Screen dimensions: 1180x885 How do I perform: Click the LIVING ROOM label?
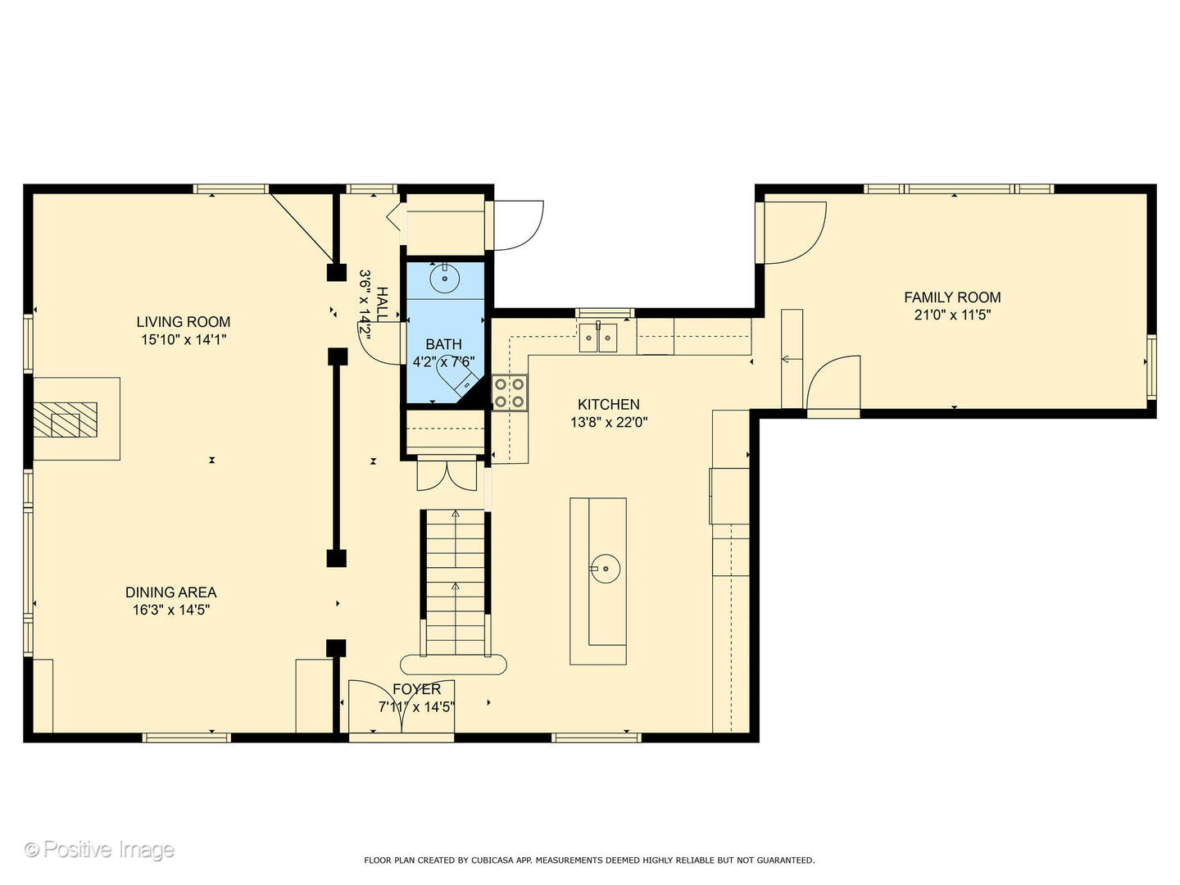pyautogui.click(x=184, y=322)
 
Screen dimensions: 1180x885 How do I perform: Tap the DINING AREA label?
pyautogui.click(x=171, y=592)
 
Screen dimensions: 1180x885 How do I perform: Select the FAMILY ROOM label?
pyautogui.click(x=952, y=297)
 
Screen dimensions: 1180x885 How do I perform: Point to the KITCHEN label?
pyautogui.click(x=609, y=404)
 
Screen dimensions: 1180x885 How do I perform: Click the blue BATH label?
pyautogui.click(x=443, y=344)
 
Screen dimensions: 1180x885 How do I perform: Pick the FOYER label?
pyautogui.click(x=416, y=689)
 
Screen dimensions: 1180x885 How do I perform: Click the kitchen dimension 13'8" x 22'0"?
pyautogui.click(x=609, y=422)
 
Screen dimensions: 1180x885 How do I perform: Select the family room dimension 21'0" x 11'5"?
pyautogui.click(x=952, y=315)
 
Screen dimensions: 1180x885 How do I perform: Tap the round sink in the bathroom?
pyautogui.click(x=445, y=278)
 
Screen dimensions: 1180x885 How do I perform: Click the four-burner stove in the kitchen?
pyautogui.click(x=510, y=393)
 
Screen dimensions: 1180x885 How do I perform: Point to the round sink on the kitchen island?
pyautogui.click(x=606, y=569)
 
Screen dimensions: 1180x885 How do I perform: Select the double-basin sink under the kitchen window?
pyautogui.click(x=598, y=338)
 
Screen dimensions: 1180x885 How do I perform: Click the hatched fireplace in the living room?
pyautogui.click(x=66, y=419)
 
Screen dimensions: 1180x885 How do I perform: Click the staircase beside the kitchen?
pyautogui.click(x=456, y=583)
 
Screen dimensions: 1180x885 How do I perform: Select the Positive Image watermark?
pyautogui.click(x=100, y=850)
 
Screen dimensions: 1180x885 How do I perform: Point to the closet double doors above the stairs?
pyautogui.click(x=447, y=473)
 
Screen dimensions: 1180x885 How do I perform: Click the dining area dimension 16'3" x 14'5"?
pyautogui.click(x=171, y=610)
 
